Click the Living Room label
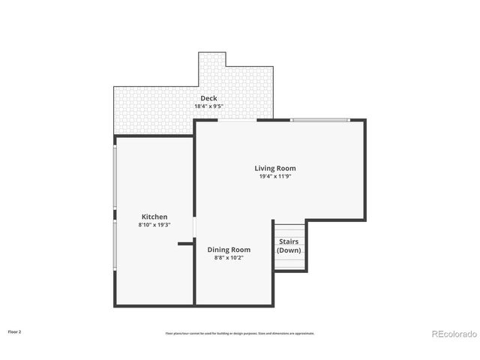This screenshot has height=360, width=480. [x=275, y=168]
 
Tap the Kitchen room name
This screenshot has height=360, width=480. [x=153, y=217]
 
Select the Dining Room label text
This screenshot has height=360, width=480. [x=229, y=249]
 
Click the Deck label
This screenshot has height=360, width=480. [x=208, y=98]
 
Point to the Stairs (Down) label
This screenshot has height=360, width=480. [x=289, y=246]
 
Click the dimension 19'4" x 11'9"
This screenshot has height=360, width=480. [x=275, y=177]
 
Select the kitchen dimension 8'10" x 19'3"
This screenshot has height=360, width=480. [x=154, y=225]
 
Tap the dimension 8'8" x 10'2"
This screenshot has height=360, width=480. [x=229, y=257]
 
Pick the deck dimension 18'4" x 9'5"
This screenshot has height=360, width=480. [x=208, y=106]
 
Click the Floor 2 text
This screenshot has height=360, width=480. [x=14, y=331]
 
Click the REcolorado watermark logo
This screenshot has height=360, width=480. [x=453, y=334]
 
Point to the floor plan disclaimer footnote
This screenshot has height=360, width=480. [x=240, y=333]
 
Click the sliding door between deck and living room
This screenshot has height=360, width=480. [x=237, y=120]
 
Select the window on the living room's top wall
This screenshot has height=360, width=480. [x=319, y=120]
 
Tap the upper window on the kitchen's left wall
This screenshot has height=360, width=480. [x=115, y=177]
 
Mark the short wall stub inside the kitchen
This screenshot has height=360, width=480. [x=185, y=244]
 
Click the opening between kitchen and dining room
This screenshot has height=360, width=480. [x=194, y=227]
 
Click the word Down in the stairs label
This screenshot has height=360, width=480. [x=289, y=250]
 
